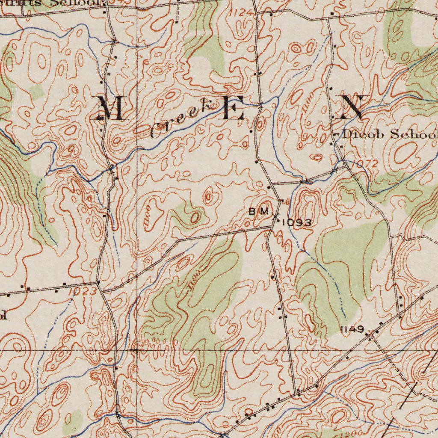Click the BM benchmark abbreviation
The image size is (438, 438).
click(258, 211)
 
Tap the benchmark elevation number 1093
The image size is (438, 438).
click(296, 222)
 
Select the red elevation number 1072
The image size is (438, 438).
click(366, 164)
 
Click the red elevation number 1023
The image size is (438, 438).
click(82, 292)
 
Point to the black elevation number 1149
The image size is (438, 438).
click(352, 329)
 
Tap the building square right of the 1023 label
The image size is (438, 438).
click(98, 283)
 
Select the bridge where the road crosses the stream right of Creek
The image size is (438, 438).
click(260, 104)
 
